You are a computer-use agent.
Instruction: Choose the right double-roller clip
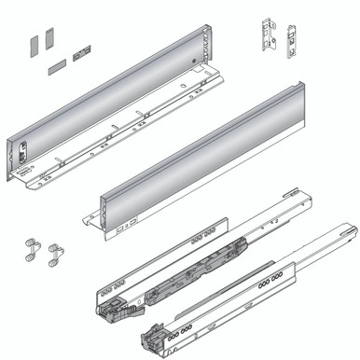[x=57, y=252]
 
